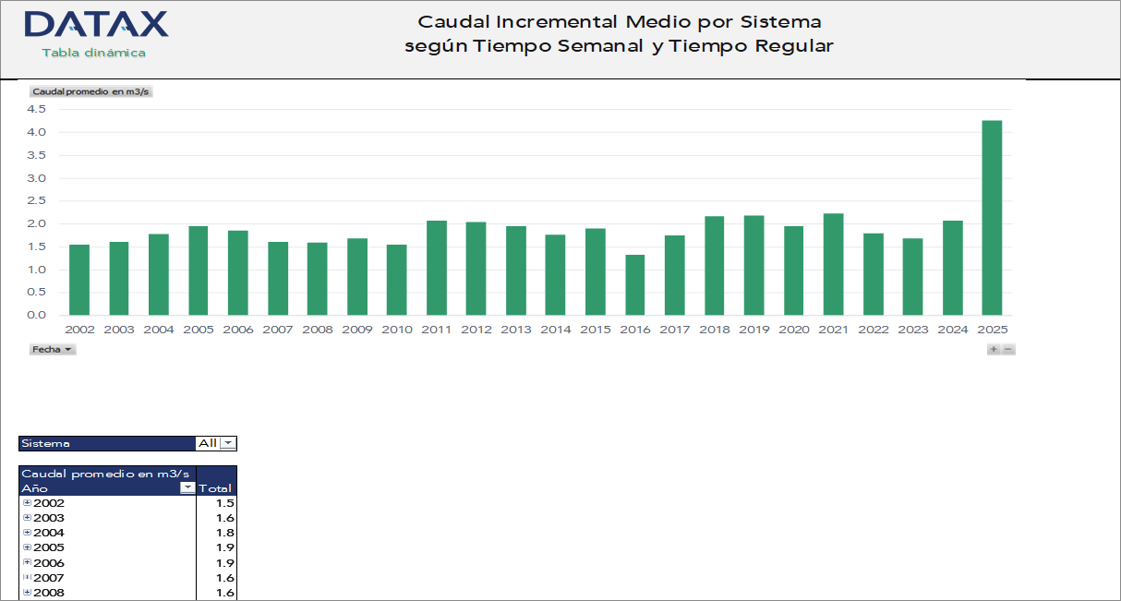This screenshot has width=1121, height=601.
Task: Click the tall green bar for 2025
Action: point(991,218)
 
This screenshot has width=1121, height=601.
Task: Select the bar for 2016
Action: point(634,285)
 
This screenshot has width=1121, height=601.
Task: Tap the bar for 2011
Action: point(436,268)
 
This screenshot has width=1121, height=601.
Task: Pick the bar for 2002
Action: point(79,280)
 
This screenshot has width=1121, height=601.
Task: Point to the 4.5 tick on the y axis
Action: point(36,109)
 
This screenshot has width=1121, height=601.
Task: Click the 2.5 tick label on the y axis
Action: point(36,200)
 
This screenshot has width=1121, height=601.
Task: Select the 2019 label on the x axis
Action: point(753,330)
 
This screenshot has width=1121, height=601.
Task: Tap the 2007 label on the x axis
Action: point(277,330)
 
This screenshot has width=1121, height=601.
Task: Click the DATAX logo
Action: point(96,24)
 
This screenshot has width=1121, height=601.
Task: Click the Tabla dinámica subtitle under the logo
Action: point(93,53)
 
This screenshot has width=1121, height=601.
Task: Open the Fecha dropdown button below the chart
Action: point(53,350)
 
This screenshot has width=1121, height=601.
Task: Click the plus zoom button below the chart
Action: point(994,349)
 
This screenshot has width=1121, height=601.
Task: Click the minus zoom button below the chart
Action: point(1008,349)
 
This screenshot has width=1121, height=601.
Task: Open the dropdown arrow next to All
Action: point(228,443)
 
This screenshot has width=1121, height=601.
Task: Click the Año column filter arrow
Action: point(187,487)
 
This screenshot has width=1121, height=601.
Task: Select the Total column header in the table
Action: point(215,488)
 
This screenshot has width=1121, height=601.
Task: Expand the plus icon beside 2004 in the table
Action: point(27,533)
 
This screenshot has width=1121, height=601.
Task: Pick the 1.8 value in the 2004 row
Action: point(224,533)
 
